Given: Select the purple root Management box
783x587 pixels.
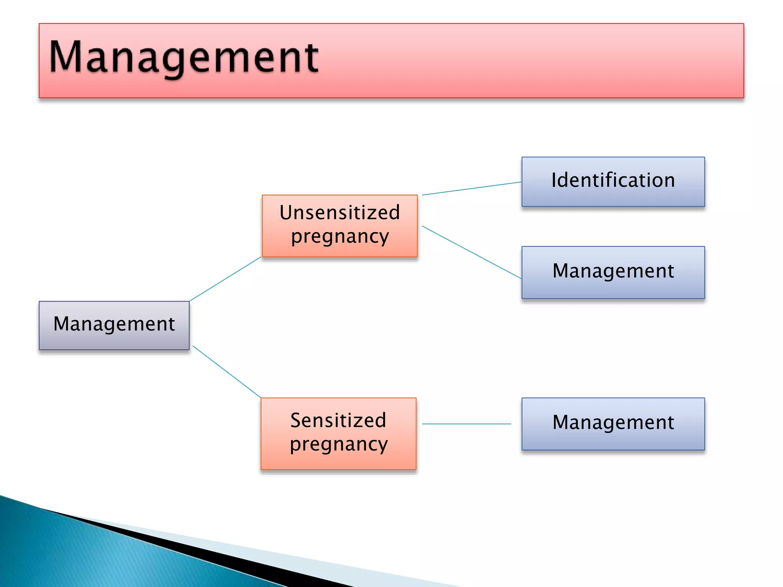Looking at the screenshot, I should (114, 325).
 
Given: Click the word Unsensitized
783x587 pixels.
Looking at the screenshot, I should (340, 212).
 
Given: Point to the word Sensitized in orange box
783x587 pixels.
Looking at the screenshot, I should (338, 420).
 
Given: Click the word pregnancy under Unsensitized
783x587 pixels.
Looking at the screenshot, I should (340, 236).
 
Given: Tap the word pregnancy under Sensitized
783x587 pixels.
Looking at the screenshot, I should (338, 444).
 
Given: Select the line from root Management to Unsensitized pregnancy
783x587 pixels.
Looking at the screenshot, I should (226, 279).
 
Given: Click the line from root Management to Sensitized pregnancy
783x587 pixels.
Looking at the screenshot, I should (227, 372).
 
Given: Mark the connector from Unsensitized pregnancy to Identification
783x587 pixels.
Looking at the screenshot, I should (472, 188).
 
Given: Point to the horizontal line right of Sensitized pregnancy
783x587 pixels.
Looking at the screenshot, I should (466, 424).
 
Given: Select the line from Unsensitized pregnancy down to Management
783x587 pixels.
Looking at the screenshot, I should (472, 252).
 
